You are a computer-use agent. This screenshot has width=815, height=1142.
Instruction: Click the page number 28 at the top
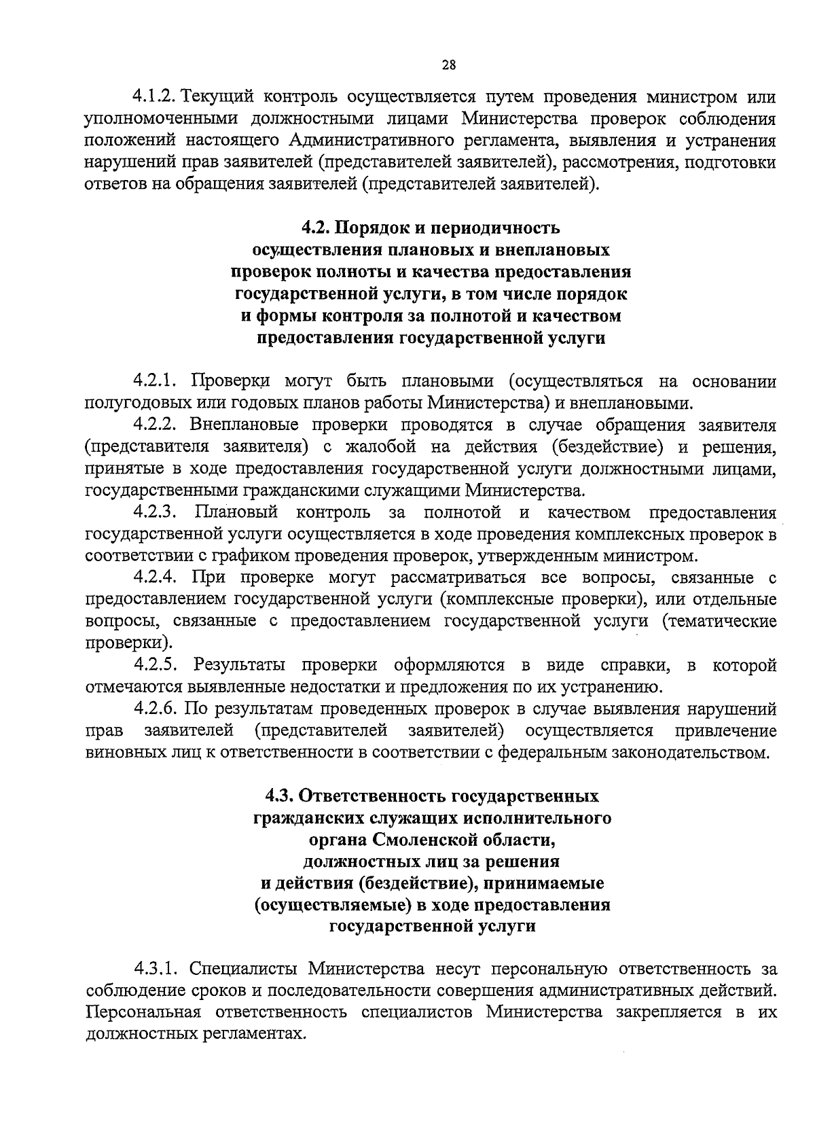449,65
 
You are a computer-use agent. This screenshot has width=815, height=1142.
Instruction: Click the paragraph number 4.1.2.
155,96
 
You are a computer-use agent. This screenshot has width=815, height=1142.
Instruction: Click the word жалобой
382,447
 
